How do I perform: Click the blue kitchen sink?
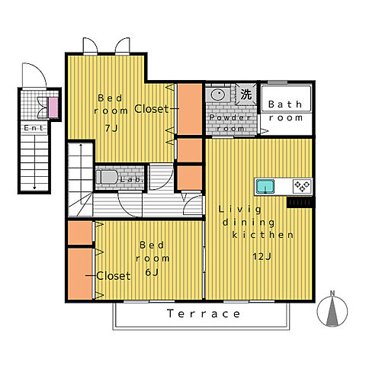(x=265, y=186)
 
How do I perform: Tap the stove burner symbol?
(x=302, y=186)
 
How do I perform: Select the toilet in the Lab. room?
(x=107, y=177)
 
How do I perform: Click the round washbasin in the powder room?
(x=218, y=95)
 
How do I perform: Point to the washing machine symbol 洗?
(x=246, y=95)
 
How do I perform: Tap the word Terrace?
(x=204, y=313)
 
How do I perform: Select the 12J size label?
(x=262, y=256)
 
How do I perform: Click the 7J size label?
(x=111, y=128)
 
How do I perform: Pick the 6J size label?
(x=152, y=272)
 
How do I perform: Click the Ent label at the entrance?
(x=34, y=128)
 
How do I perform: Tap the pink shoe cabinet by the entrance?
(x=53, y=108)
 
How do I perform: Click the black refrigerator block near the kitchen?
(x=300, y=202)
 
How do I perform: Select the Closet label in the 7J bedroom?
(x=152, y=109)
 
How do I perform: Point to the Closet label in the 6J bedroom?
(x=114, y=276)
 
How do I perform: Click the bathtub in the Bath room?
(x=286, y=98)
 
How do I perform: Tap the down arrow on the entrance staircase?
(x=34, y=162)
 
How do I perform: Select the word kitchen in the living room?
(x=263, y=235)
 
